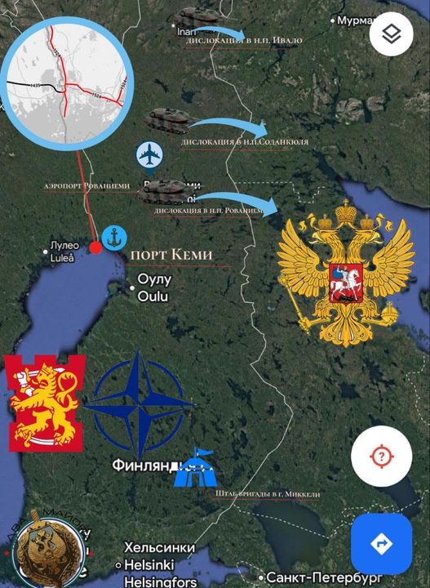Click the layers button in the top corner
point(391,34)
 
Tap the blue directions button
point(380,543)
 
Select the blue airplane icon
point(150,154)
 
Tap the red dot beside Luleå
point(95,247)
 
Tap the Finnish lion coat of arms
point(46,402)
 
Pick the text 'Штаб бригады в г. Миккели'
point(268,494)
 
